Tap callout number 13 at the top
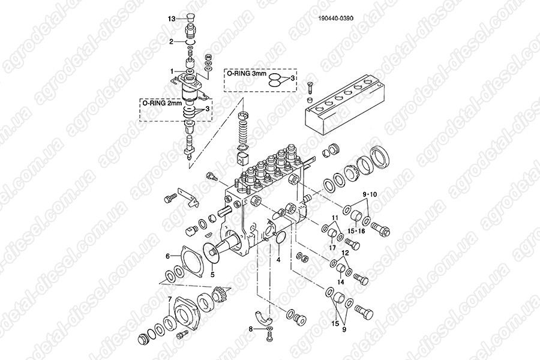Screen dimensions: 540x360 click(x=172, y=19)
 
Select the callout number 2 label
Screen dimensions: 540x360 click(x=171, y=41)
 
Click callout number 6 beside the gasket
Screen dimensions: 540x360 click(x=168, y=256)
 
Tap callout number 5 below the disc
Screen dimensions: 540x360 click(x=212, y=275)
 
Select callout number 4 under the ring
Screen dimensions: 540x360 click(x=278, y=260)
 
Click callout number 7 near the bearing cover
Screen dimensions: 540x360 click(x=169, y=299)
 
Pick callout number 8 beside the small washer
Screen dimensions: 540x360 click(x=251, y=329)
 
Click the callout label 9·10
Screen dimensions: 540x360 click(x=369, y=194)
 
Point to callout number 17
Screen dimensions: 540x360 click(x=332, y=247)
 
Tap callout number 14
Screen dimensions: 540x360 click(x=340, y=282)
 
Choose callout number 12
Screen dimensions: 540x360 click(x=346, y=253)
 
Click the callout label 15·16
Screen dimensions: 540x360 click(x=356, y=231)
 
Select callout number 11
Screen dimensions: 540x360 click(x=335, y=218)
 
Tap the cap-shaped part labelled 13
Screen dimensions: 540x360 click(x=189, y=17)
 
